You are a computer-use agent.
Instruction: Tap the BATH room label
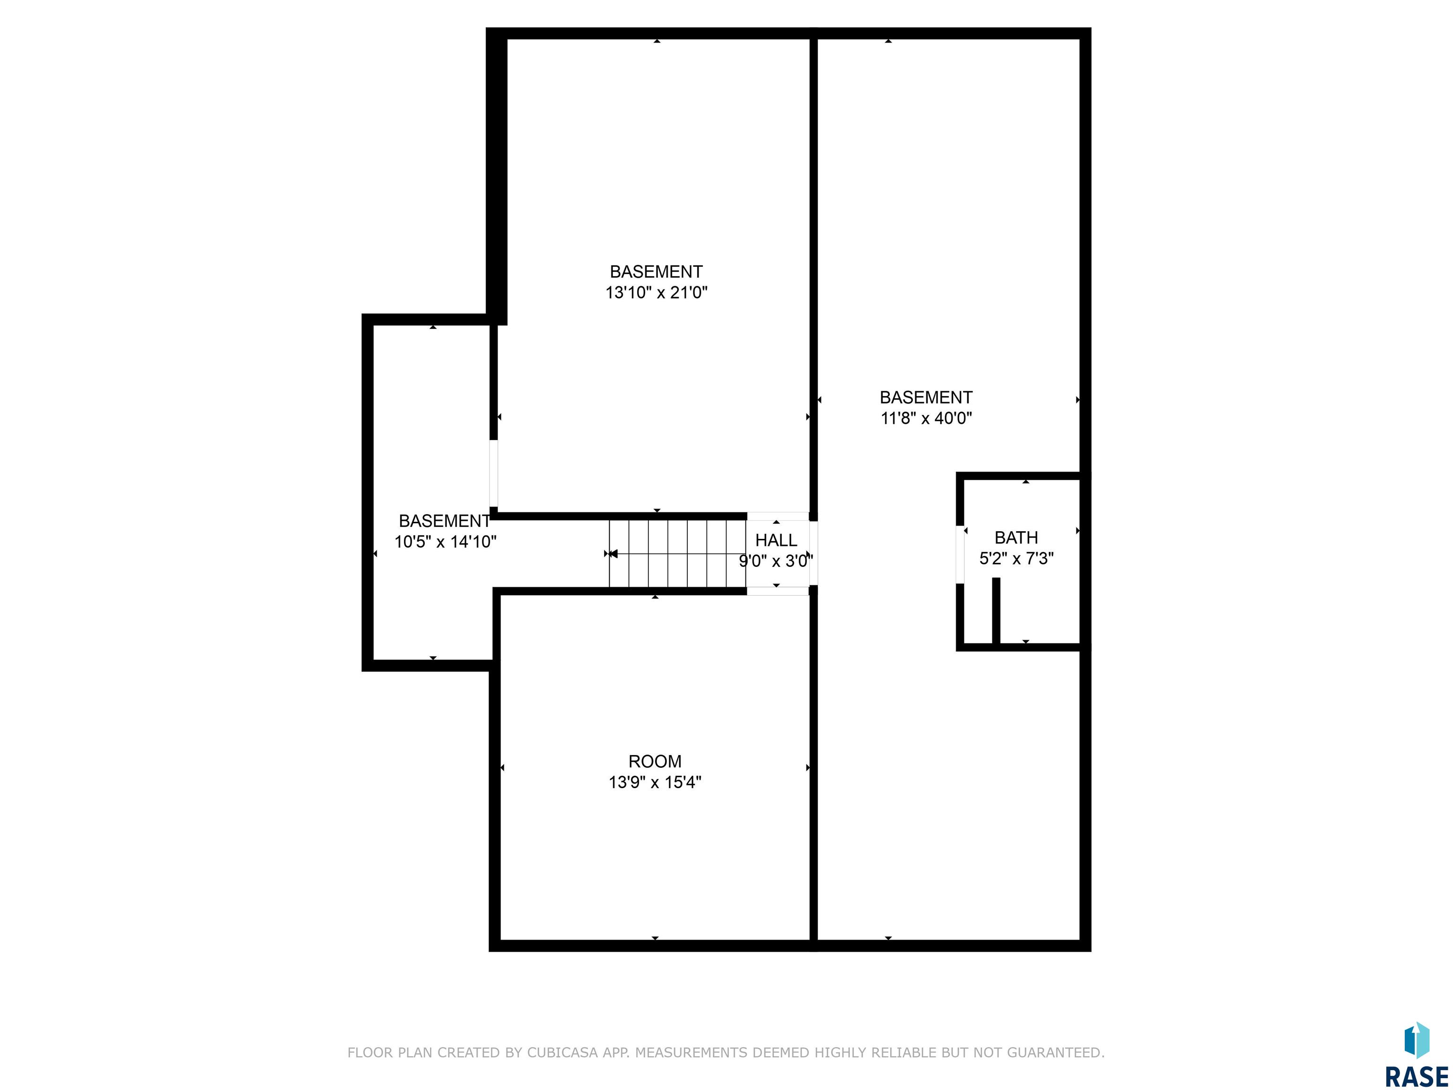tap(1016, 537)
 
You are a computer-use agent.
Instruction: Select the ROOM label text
tap(655, 762)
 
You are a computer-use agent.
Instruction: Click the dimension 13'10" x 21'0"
tap(656, 292)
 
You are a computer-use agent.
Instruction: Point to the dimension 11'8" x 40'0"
tap(926, 418)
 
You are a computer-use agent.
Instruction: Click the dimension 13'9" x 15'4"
tap(655, 782)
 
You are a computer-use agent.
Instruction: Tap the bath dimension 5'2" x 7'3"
tap(1016, 558)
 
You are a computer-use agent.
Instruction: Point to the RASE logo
tap(1416, 1055)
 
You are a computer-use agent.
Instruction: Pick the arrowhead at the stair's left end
tap(613, 554)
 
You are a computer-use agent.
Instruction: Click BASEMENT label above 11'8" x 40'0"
tap(926, 397)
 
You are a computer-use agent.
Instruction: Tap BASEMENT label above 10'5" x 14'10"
tap(445, 521)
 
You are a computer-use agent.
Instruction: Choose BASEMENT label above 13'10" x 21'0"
tap(656, 272)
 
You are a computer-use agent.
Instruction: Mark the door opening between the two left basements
tap(493, 473)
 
